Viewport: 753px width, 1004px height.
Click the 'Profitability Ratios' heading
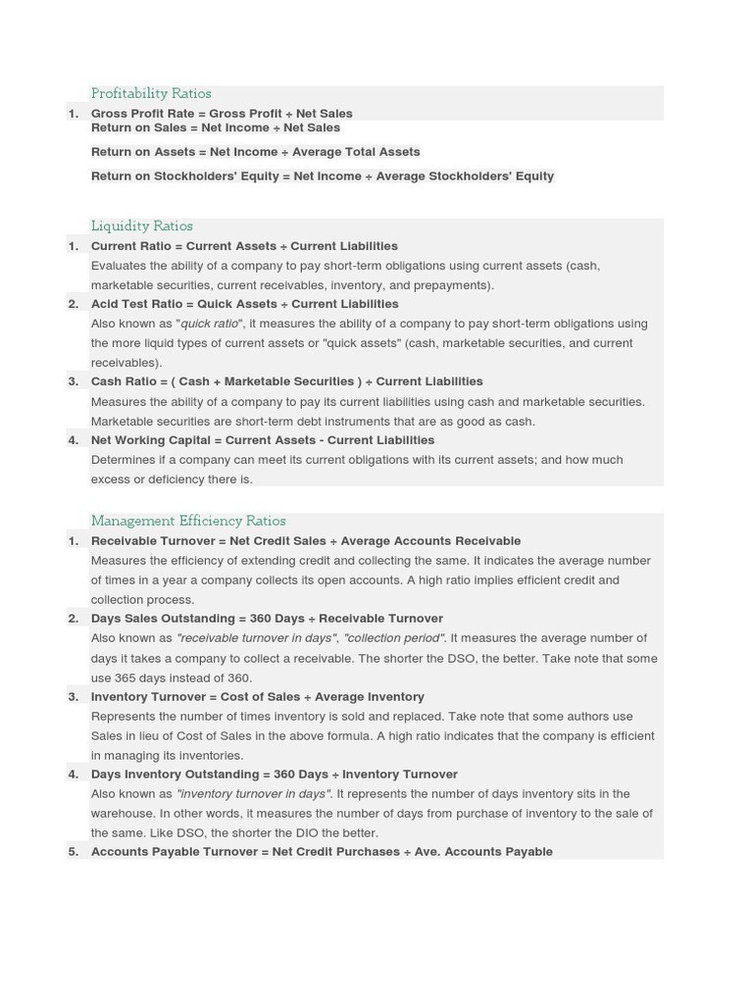tap(151, 94)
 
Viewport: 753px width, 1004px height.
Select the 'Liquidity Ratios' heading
tap(141, 226)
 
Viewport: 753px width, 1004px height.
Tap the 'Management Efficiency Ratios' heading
tap(188, 522)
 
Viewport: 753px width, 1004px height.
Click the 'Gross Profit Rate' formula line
tap(222, 114)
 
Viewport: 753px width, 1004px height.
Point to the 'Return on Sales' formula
tap(216, 128)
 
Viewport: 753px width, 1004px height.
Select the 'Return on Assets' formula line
tap(255, 152)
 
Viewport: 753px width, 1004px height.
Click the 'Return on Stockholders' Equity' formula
tap(323, 176)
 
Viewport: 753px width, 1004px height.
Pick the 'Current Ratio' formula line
tap(244, 246)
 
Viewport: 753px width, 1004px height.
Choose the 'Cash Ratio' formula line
tap(286, 381)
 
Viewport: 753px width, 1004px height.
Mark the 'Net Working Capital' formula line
tap(262, 440)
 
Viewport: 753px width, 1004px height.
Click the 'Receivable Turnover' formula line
tap(306, 541)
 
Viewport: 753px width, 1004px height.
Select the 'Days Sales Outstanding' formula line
tap(267, 619)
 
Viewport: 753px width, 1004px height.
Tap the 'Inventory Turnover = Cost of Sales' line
tap(257, 697)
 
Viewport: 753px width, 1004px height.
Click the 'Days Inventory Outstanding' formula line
tap(274, 775)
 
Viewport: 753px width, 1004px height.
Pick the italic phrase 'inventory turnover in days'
tap(253, 794)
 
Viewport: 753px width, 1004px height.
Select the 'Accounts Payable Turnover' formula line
tap(322, 852)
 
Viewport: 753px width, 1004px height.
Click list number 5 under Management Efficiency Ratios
tap(74, 852)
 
